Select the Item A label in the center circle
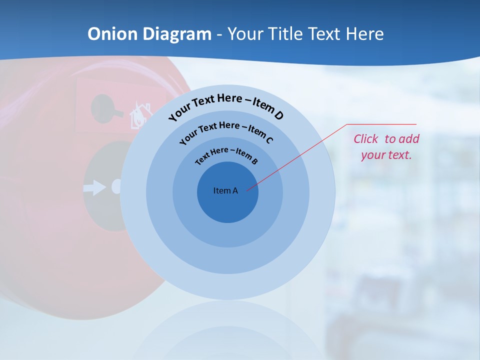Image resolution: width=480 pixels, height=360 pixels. [x=225, y=190]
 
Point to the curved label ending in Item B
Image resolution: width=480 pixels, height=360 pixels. [x=226, y=155]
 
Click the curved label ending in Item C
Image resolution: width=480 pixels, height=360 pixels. [x=226, y=131]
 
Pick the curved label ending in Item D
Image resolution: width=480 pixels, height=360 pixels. [x=226, y=106]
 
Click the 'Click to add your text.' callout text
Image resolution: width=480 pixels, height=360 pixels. [x=386, y=147]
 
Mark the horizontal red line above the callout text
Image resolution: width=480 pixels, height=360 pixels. [x=381, y=124]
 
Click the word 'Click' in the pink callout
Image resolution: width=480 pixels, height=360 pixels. [x=366, y=139]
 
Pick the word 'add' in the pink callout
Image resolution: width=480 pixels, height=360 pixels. [x=409, y=139]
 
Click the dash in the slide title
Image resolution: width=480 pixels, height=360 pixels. [x=219, y=34]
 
